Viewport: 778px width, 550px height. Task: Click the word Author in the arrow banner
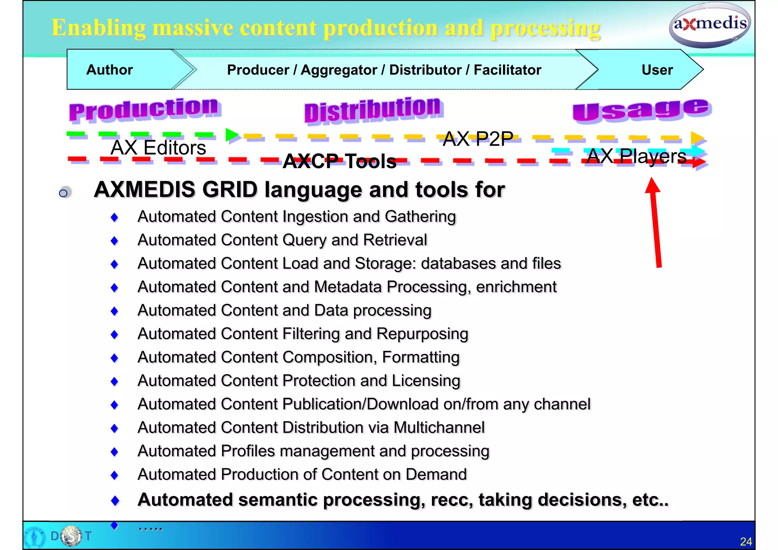click(109, 70)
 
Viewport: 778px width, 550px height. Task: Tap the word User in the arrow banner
click(657, 70)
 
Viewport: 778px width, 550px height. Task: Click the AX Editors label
click(158, 147)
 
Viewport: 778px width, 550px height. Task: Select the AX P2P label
click(478, 139)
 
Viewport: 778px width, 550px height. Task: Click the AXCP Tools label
click(340, 161)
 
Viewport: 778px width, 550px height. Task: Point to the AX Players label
click(636, 156)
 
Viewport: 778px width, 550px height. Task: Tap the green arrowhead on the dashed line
click(232, 135)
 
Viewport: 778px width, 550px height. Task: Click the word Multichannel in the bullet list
click(439, 428)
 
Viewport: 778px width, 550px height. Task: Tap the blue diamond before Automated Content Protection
click(114, 381)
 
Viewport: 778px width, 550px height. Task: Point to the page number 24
click(746, 541)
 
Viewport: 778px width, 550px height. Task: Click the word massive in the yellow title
click(193, 28)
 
